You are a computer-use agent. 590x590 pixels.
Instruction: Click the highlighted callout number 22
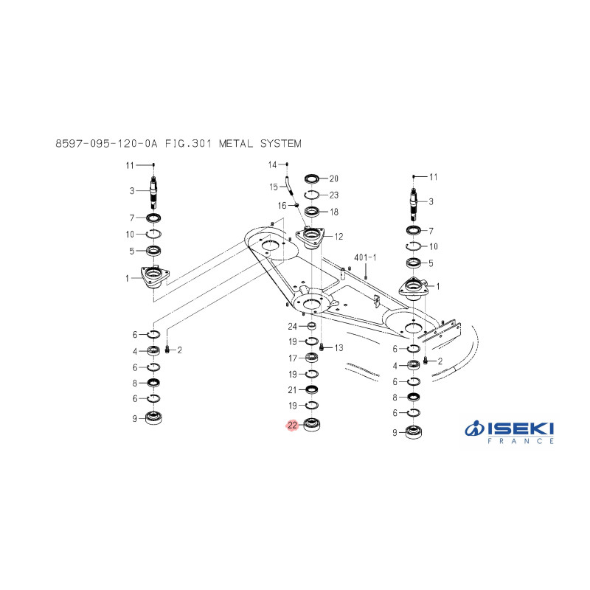coord(292,426)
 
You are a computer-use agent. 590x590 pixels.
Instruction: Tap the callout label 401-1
coord(365,257)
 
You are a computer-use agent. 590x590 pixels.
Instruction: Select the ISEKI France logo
coord(509,432)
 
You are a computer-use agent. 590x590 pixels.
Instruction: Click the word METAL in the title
coord(236,143)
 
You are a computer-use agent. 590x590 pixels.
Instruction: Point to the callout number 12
coord(339,237)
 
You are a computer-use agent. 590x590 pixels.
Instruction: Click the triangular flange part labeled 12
coord(310,237)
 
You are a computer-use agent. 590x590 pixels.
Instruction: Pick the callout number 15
coord(274,187)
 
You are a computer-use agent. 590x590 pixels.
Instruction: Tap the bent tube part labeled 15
coord(289,186)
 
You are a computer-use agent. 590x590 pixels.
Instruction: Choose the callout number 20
coord(334,178)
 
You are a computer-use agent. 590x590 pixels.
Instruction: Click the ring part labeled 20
coord(312,178)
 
